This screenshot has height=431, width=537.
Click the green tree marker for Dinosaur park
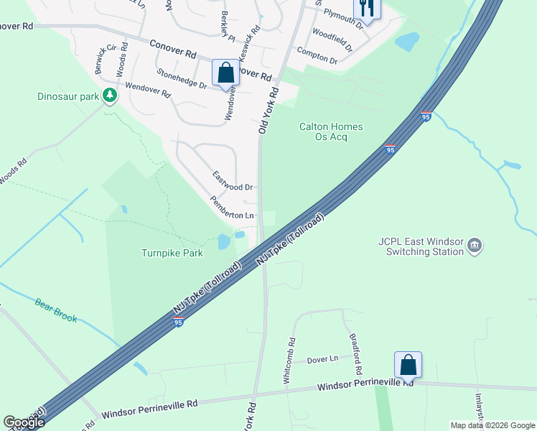[109, 95]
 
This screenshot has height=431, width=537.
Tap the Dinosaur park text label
[68, 96]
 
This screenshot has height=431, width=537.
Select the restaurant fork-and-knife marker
[366, 9]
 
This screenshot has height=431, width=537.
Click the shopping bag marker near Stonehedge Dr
[225, 73]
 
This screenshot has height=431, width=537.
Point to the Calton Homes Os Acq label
[331, 132]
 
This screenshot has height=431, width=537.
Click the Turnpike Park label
[172, 253]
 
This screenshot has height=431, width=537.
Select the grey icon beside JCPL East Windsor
[474, 247]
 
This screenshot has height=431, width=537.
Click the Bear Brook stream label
[55, 309]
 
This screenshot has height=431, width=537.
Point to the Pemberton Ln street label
[232, 208]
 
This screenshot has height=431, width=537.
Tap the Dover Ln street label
[322, 359]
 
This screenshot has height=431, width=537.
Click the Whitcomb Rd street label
[290, 361]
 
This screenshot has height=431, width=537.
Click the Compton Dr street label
[317, 56]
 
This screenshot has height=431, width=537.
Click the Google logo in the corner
[24, 422]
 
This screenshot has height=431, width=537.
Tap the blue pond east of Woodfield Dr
[406, 42]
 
